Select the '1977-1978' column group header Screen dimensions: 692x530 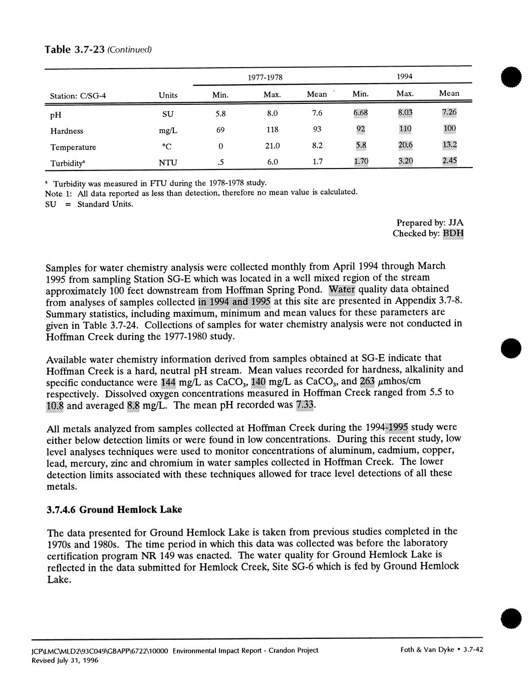[265, 78]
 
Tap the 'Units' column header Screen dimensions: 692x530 [168, 96]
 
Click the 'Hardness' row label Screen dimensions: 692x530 [67, 131]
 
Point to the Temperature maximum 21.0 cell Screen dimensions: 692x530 [271, 147]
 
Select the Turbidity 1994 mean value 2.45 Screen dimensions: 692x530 [449, 161]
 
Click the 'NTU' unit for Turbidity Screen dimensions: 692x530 [168, 163]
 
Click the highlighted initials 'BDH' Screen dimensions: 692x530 [453, 234]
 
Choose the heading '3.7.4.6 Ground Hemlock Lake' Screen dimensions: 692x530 [114, 510]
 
